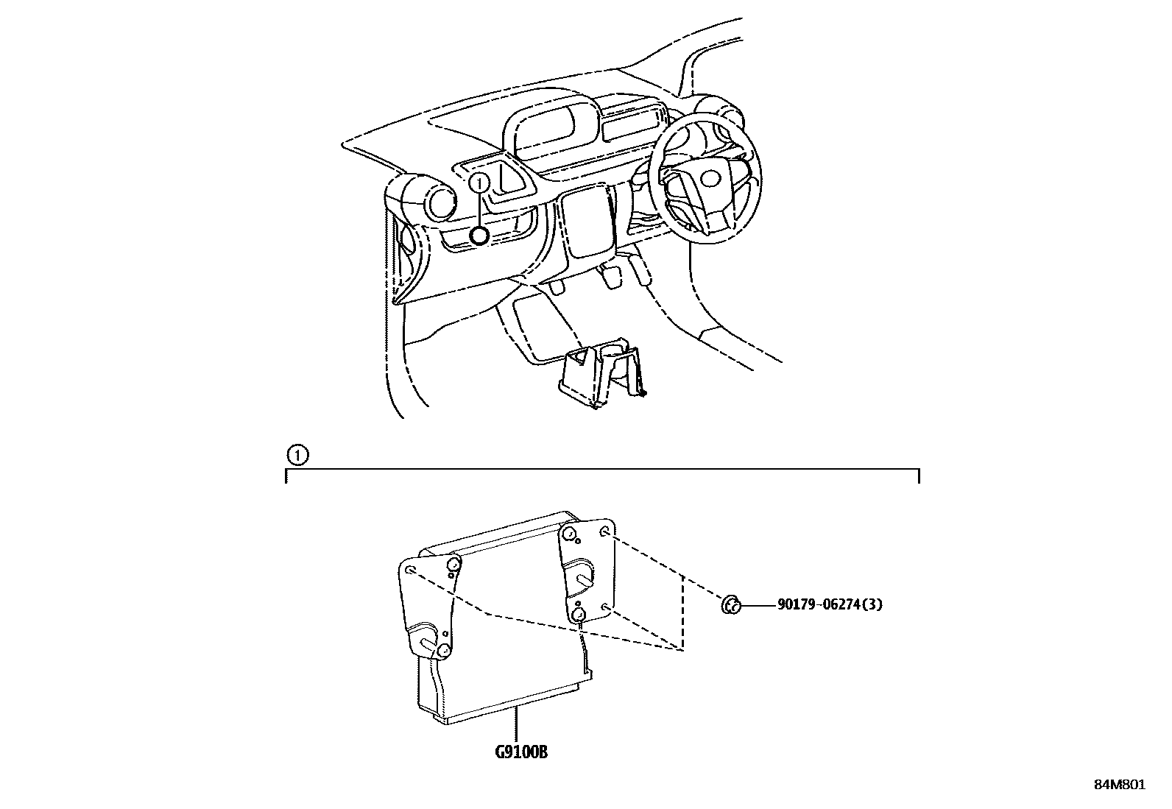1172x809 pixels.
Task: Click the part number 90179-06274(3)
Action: click(830, 604)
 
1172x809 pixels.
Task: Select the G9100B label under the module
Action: click(521, 752)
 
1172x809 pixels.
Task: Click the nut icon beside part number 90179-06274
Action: click(731, 605)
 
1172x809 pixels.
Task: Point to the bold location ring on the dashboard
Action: click(479, 236)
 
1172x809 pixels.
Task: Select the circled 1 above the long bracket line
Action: click(297, 455)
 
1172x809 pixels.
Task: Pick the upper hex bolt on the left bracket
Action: click(453, 564)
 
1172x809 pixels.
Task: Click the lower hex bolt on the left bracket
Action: click(443, 651)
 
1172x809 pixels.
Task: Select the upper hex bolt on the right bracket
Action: click(568, 534)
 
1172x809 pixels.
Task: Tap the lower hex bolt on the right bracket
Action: click(577, 615)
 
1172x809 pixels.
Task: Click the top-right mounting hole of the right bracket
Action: click(605, 531)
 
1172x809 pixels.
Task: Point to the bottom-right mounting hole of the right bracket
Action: click(605, 607)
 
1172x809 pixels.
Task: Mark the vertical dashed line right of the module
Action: click(682, 612)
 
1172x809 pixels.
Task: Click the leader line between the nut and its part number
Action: click(758, 605)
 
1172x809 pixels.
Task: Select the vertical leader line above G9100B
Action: click(516, 725)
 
